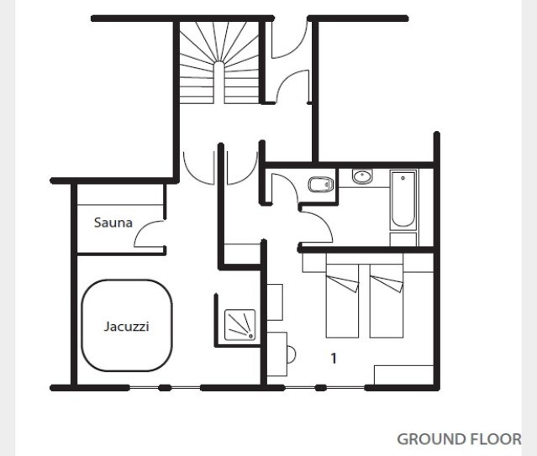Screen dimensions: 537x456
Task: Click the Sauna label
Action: tap(113, 223)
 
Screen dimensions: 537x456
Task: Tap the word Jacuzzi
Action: tap(126, 326)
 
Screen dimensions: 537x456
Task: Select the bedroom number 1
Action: tap(334, 358)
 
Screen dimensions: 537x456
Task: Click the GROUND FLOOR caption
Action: tap(459, 439)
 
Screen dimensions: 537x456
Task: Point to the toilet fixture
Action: tap(321, 185)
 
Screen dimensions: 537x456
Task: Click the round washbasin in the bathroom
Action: tap(362, 176)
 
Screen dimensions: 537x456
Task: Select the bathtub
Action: tap(403, 200)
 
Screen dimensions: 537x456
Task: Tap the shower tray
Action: tap(240, 325)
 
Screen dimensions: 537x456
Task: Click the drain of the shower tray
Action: tap(251, 336)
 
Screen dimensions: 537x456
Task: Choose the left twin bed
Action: tap(342, 301)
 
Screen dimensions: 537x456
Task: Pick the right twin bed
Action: tap(386, 301)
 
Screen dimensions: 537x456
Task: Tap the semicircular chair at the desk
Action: tap(292, 354)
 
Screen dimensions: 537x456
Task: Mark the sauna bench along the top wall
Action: tap(120, 195)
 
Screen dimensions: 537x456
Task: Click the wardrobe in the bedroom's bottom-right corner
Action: tap(403, 375)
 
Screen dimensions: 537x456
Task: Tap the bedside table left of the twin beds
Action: tap(313, 263)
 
